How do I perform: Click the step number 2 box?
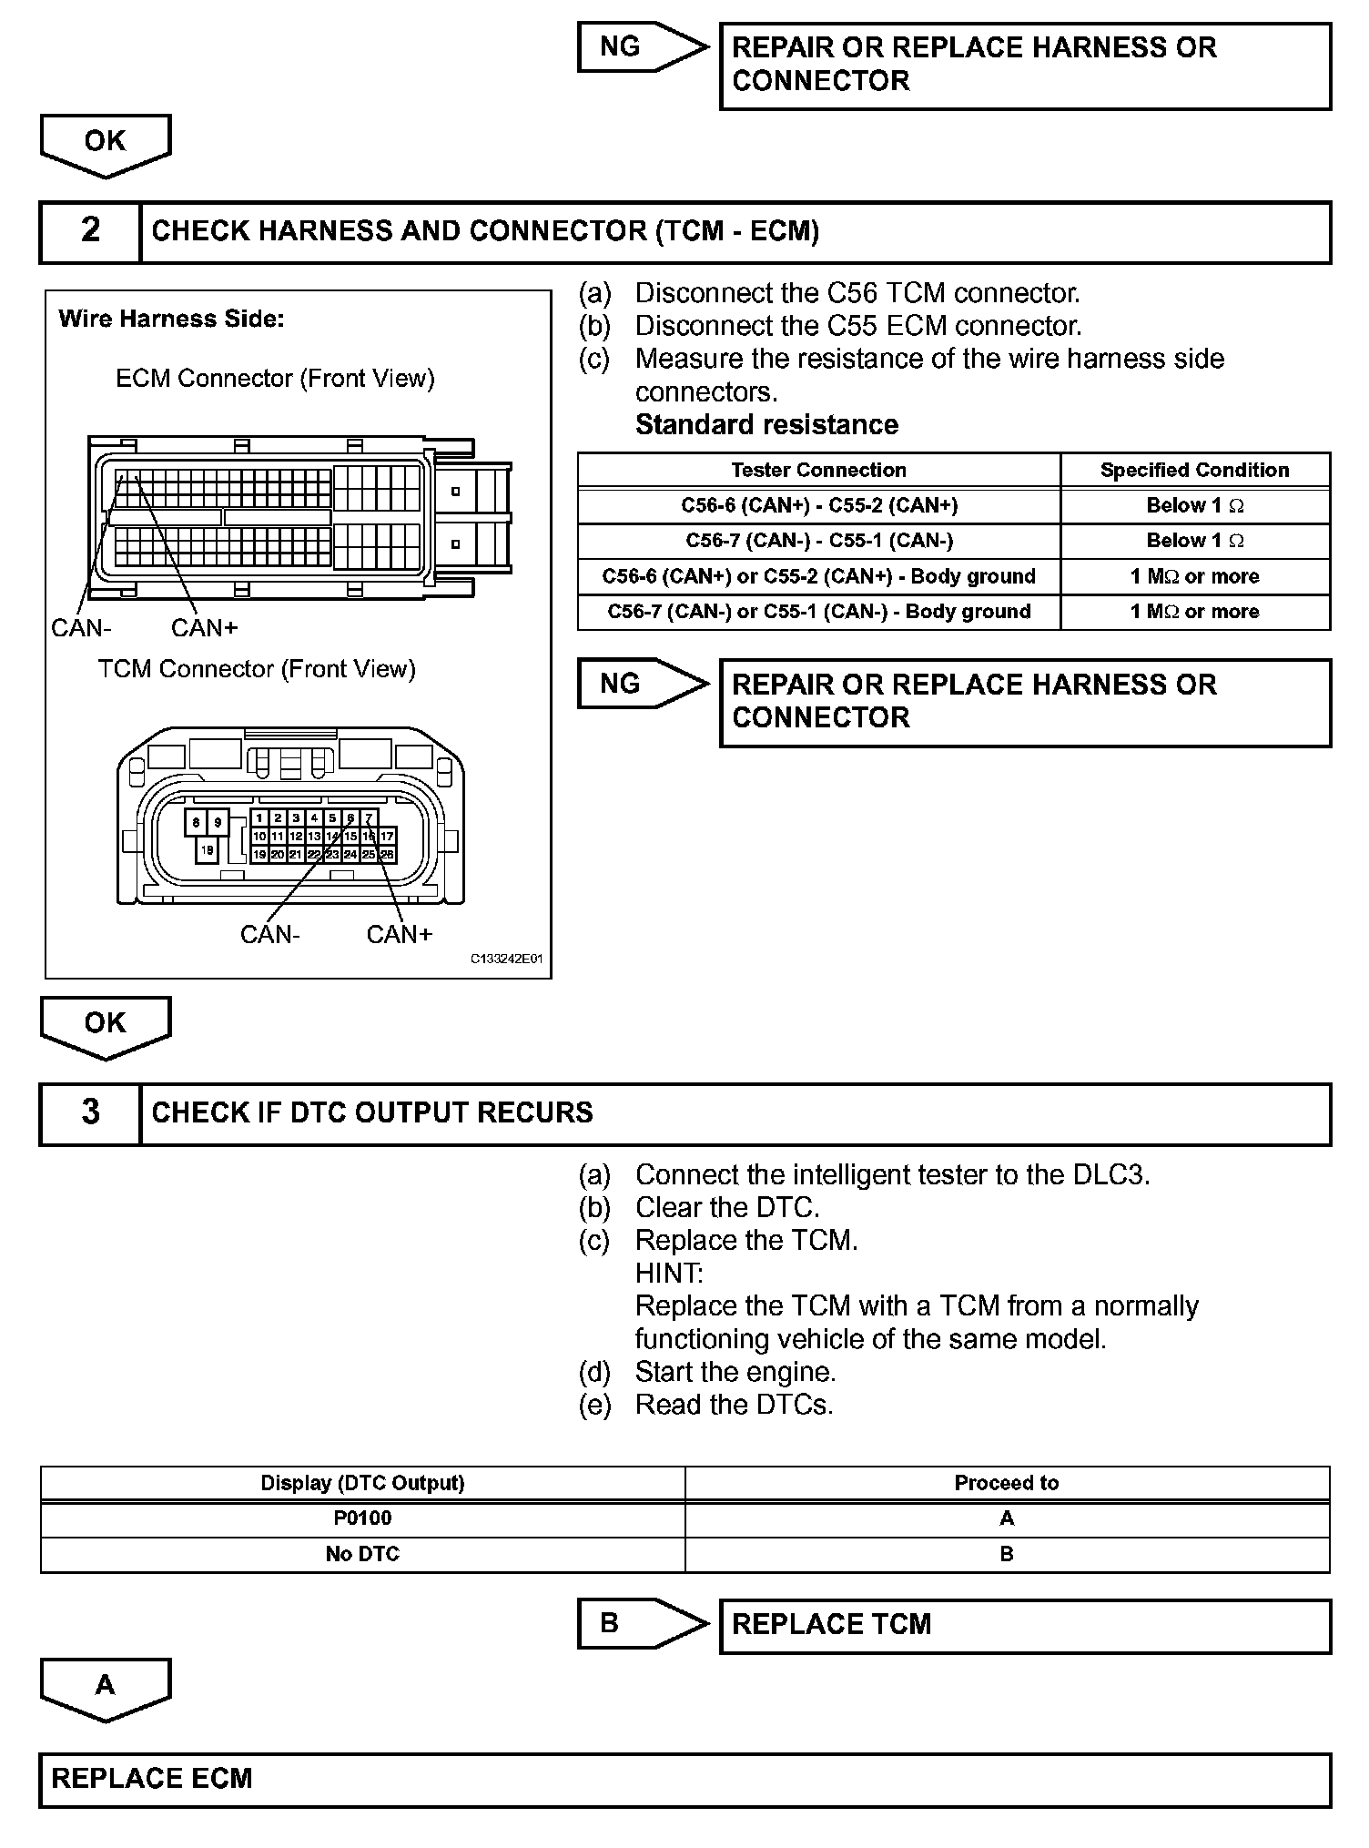click(90, 231)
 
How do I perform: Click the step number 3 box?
click(90, 1113)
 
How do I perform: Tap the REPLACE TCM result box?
click(1024, 1626)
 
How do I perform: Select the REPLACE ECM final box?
click(684, 1780)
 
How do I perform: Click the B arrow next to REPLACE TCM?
click(642, 1624)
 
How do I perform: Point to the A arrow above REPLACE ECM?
click(106, 1687)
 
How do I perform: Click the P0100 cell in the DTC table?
click(362, 1518)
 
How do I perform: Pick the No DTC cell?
click(362, 1554)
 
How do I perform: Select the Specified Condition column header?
click(1194, 470)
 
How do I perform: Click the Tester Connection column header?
click(818, 470)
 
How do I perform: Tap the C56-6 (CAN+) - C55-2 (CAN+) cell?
click(818, 505)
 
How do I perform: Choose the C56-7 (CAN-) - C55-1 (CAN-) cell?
click(818, 541)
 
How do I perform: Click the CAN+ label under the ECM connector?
click(204, 628)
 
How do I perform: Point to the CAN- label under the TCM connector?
click(269, 935)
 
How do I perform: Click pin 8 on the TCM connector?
click(196, 823)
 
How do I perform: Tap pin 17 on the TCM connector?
click(387, 836)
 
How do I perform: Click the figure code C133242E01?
click(506, 960)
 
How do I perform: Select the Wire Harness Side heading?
click(171, 319)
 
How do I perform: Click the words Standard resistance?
click(766, 425)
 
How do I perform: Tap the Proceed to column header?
click(1006, 1483)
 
